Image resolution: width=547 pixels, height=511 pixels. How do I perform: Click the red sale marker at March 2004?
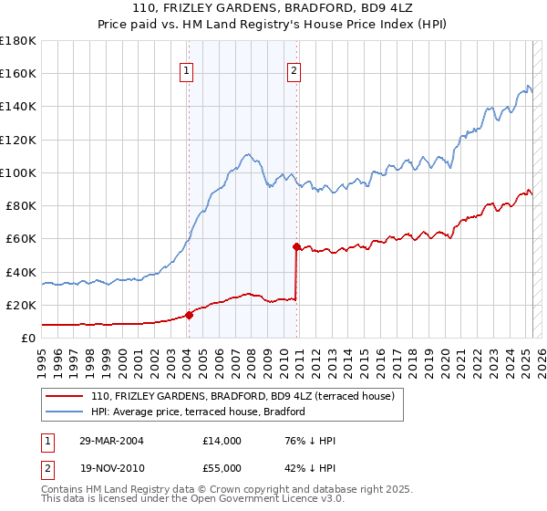point(190,315)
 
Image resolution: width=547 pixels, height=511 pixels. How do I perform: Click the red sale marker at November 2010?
point(296,246)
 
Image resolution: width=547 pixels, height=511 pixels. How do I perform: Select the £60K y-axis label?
point(21,238)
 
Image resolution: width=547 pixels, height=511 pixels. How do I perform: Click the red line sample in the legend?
point(65,396)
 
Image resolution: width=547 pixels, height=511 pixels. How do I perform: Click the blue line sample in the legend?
point(65,412)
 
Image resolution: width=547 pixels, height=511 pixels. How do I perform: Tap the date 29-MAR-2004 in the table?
point(112,441)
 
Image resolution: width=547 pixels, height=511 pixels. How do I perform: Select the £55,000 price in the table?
point(222,467)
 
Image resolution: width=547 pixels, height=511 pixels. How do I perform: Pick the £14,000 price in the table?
point(222,441)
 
